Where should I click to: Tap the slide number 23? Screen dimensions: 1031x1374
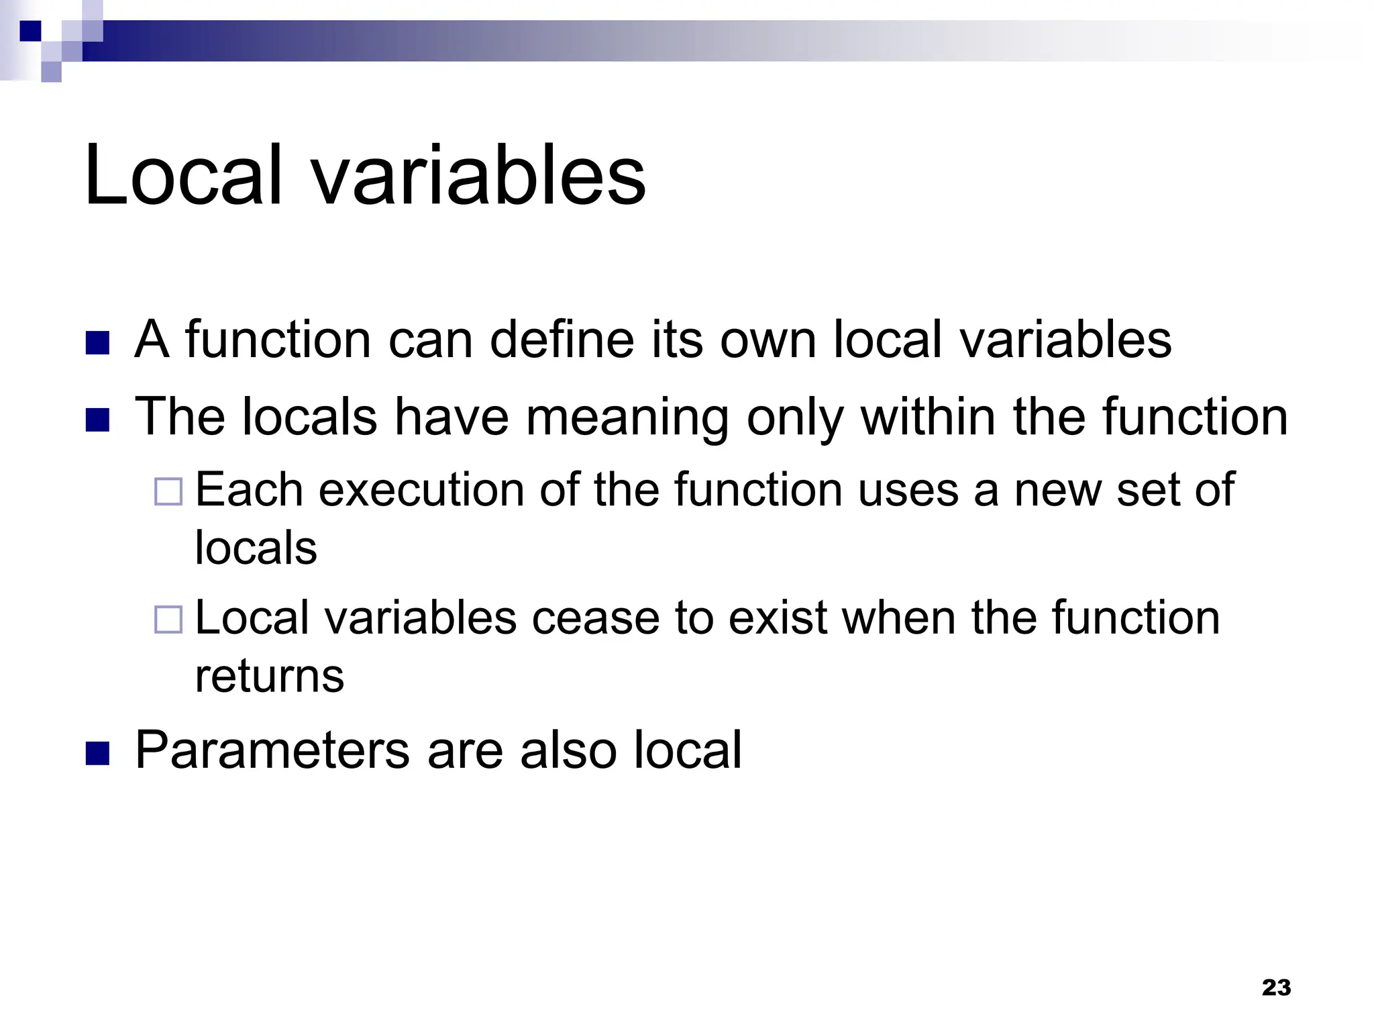coord(1276,987)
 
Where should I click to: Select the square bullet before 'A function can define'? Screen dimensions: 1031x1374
coord(97,343)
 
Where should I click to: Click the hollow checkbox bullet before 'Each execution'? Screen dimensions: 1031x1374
coord(168,491)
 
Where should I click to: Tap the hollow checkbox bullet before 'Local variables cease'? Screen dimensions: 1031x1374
coord(168,620)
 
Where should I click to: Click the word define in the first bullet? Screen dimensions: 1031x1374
coord(562,339)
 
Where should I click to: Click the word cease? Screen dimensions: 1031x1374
coord(596,618)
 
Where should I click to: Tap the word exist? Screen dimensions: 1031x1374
coord(777,618)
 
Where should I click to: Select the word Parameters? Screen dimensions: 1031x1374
coord(272,750)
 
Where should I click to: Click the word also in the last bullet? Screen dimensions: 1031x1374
coord(568,750)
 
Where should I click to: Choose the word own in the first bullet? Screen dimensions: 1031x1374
coord(768,340)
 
